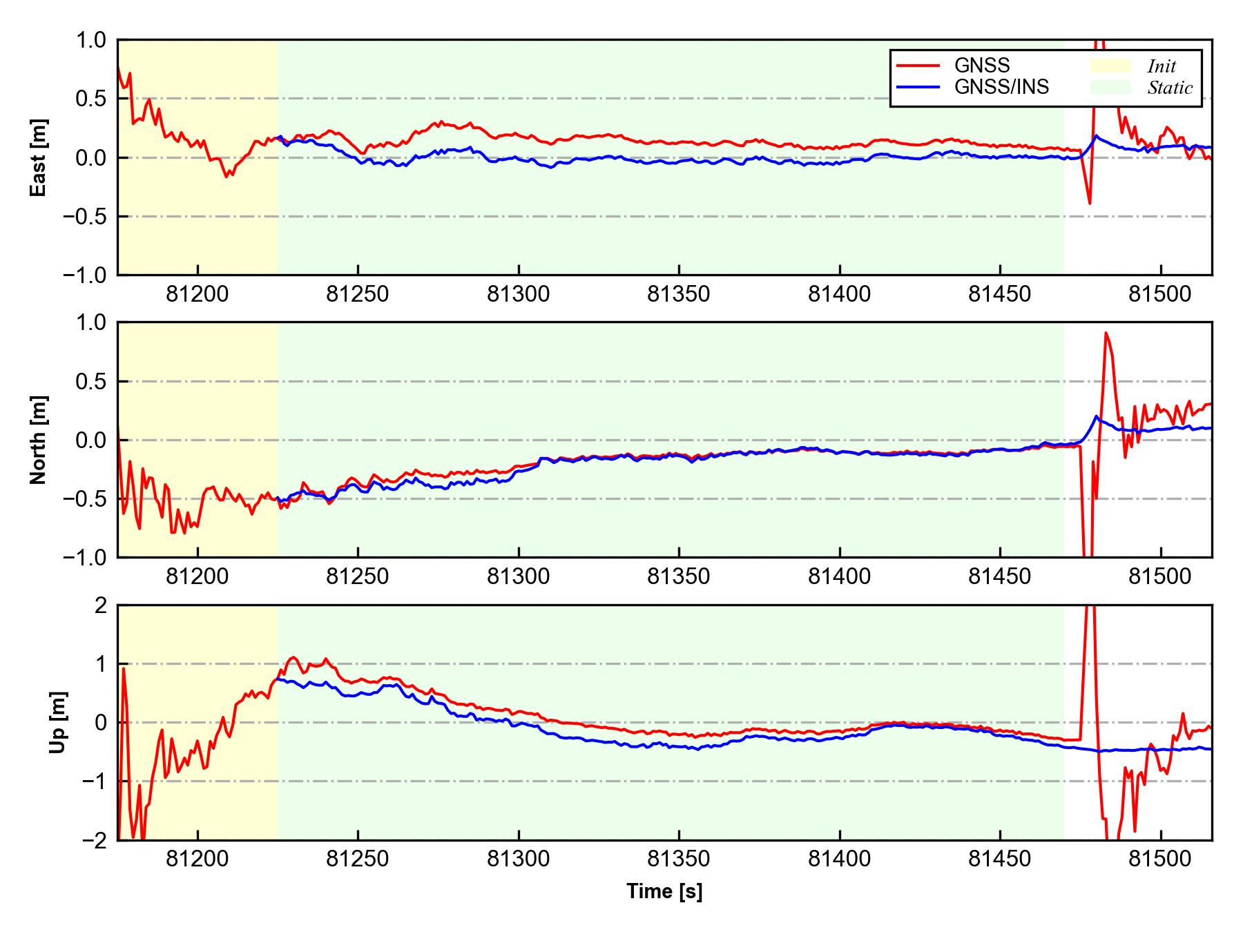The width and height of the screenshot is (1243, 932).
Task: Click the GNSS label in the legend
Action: coord(982,66)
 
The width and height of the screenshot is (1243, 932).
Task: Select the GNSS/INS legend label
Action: coord(1001,87)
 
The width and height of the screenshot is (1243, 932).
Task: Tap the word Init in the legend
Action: coord(1162,66)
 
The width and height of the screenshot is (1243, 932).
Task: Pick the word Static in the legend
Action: coord(1170,88)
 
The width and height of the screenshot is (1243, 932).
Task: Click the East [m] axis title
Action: coord(39,157)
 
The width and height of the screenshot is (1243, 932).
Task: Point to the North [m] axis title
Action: coord(39,440)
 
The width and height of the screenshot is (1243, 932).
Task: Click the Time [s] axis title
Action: coord(664,892)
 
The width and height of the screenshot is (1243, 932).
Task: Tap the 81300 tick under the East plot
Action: coord(518,294)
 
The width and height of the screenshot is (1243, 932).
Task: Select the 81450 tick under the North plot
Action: coord(1000,576)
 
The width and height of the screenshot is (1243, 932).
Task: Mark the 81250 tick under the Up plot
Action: coord(358,859)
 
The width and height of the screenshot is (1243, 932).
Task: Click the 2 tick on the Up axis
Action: coord(102,605)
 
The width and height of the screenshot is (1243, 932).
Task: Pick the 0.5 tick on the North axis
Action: coord(93,381)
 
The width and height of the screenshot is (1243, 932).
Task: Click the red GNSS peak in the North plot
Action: coord(1106,333)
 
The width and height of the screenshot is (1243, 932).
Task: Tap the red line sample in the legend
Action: coord(918,66)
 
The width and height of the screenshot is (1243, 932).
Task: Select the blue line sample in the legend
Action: coord(918,87)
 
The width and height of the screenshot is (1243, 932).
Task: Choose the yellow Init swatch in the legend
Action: coord(1110,66)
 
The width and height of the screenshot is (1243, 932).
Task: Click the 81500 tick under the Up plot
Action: coord(1160,859)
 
